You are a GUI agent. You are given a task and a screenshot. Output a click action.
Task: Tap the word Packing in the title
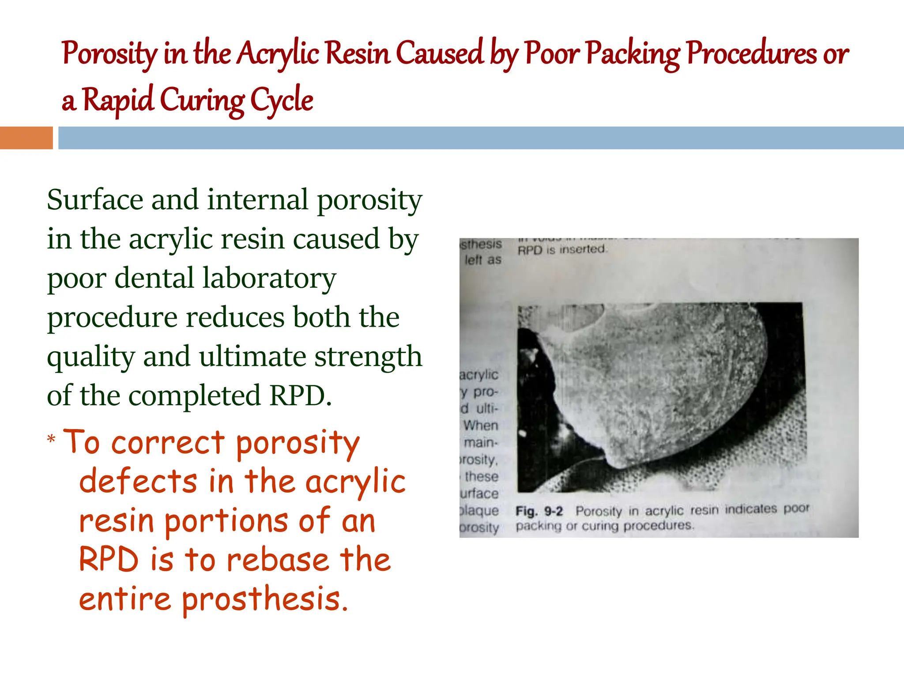click(633, 54)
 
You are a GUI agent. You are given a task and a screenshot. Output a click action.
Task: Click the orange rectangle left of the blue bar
click(26, 138)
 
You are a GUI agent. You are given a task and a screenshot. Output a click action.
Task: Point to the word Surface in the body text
click(95, 200)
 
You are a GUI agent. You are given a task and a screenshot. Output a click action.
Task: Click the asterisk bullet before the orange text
click(52, 439)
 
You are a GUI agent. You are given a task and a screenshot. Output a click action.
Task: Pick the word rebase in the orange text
click(278, 559)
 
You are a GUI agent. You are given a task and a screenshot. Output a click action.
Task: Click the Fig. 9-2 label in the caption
click(539, 512)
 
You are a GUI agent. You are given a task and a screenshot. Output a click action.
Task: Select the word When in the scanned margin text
click(481, 426)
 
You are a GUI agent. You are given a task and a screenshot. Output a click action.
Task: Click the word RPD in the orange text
click(109, 559)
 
